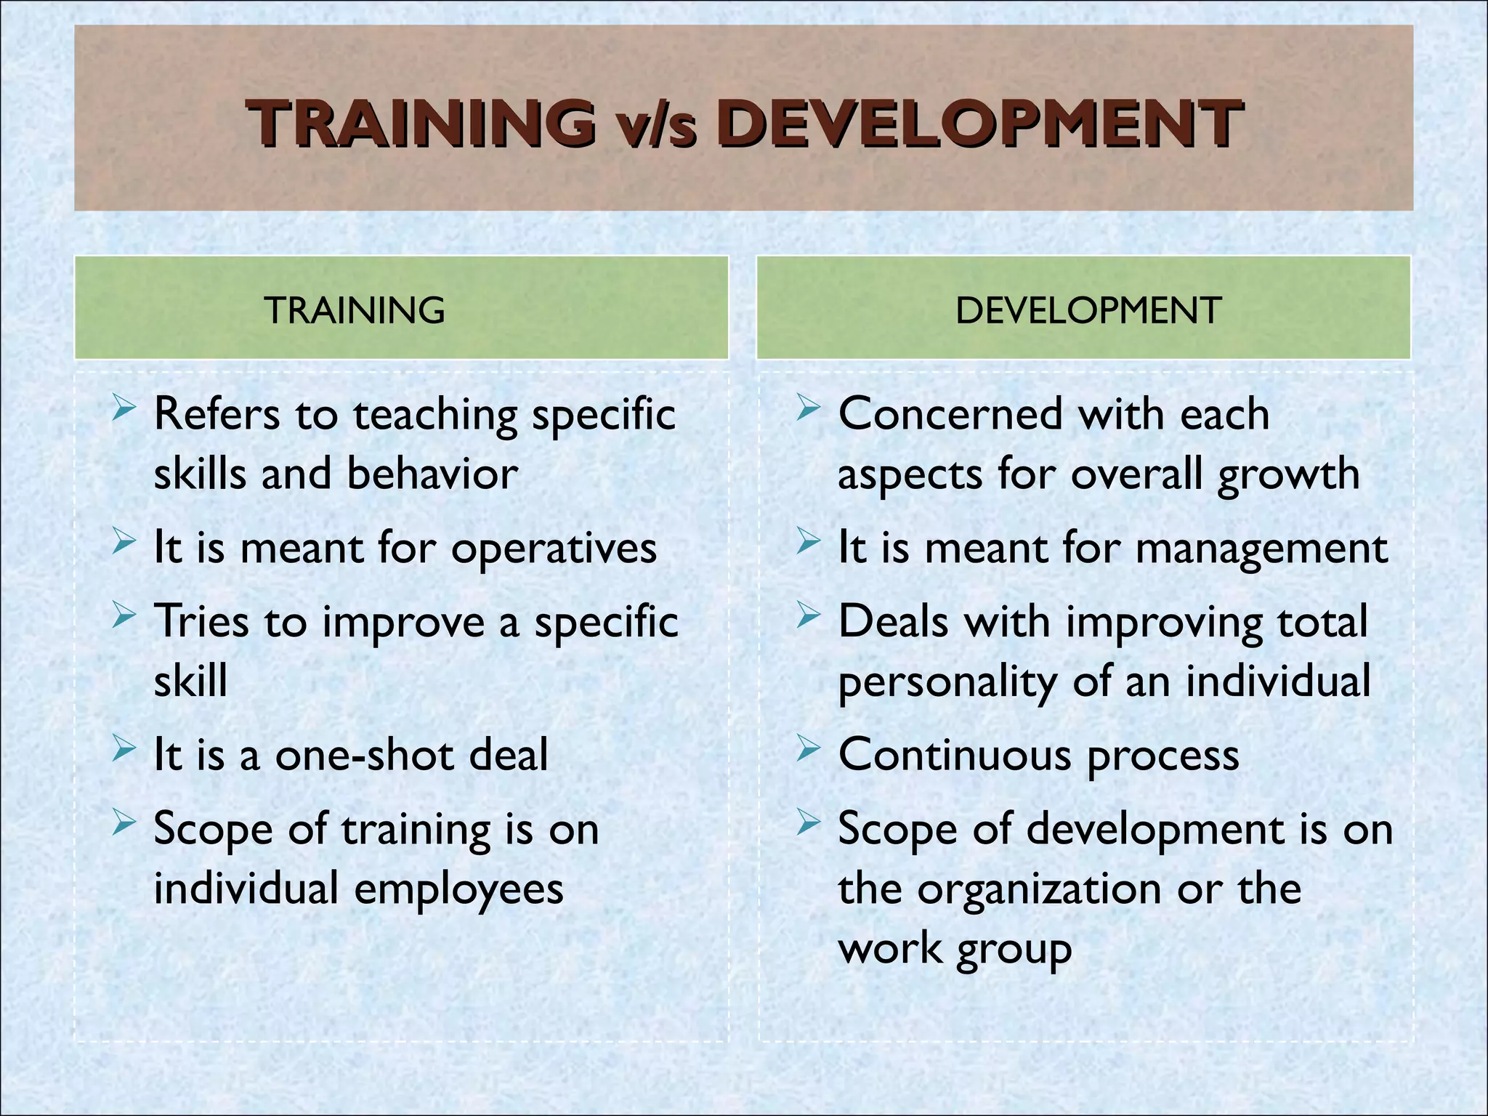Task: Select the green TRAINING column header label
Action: [x=355, y=310]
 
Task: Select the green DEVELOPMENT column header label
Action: [x=1088, y=310]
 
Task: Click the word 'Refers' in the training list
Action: [x=217, y=415]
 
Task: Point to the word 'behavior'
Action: [x=432, y=474]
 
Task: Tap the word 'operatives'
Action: [x=554, y=549]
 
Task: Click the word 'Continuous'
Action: [x=955, y=756]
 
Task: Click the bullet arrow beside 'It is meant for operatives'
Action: [x=124, y=543]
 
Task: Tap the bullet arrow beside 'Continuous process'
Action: [x=808, y=749]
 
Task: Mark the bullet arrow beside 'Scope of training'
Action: [x=124, y=822]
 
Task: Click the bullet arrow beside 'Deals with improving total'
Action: [x=808, y=616]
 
